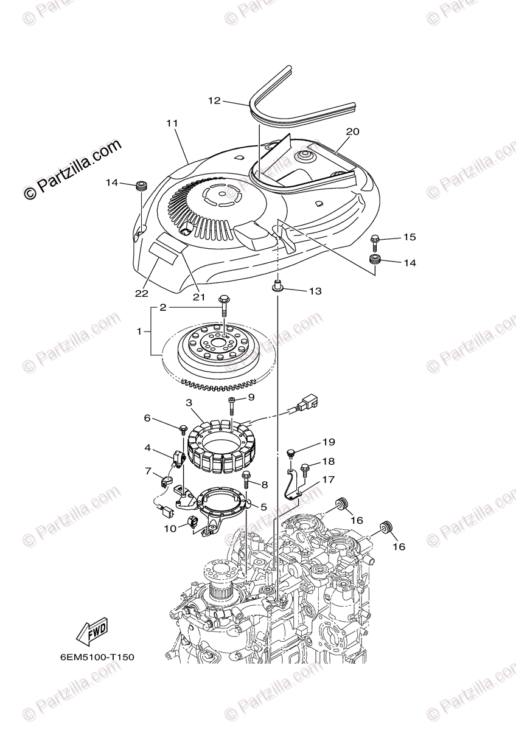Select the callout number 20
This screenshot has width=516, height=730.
pyautogui.click(x=353, y=131)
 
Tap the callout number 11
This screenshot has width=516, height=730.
pyautogui.click(x=172, y=123)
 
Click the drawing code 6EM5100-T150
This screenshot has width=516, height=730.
pyautogui.click(x=97, y=658)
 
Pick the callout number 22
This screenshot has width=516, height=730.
pyautogui.click(x=142, y=293)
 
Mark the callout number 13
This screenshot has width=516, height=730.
pyautogui.click(x=315, y=291)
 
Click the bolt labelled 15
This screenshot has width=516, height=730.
pyautogui.click(x=374, y=241)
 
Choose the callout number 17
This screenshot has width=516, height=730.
pyautogui.click(x=329, y=479)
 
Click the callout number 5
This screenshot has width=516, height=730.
pyautogui.click(x=263, y=506)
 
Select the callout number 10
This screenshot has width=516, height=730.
pyautogui.click(x=169, y=529)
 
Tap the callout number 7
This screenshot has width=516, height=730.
pyautogui.click(x=148, y=471)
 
